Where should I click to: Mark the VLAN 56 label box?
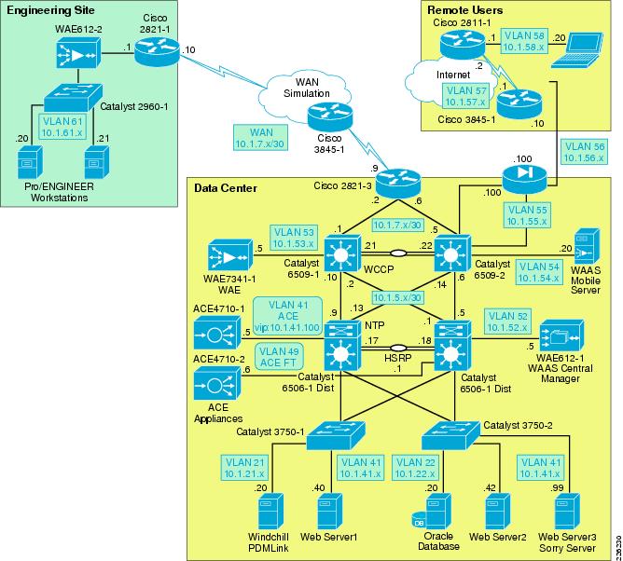pyautogui.click(x=584, y=153)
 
